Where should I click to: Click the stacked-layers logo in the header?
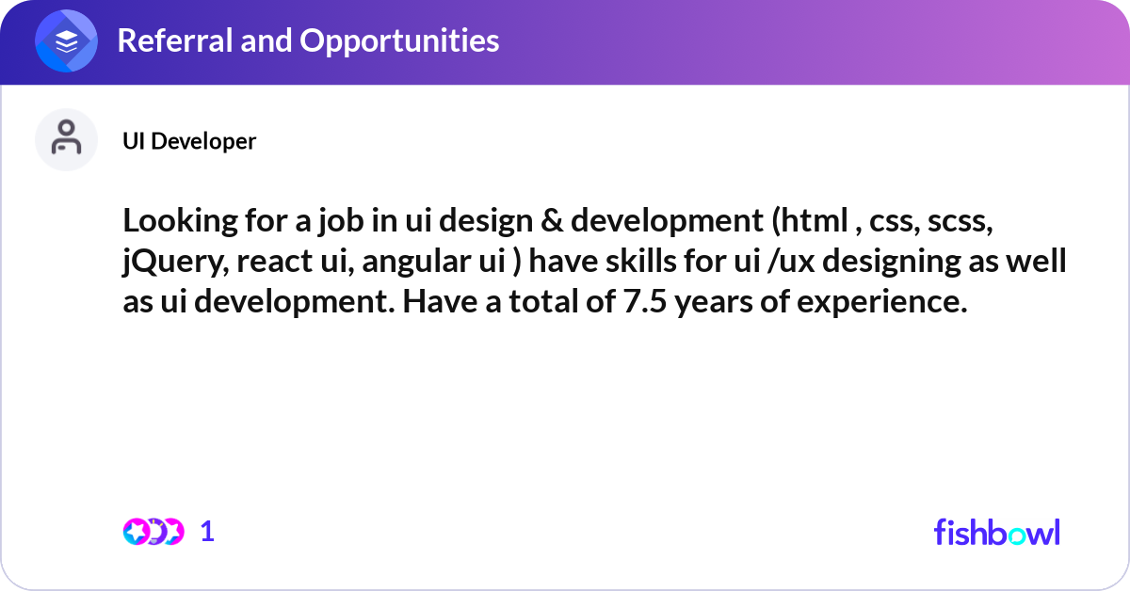coord(67,41)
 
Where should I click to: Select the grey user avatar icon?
coord(66,139)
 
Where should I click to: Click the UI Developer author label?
coord(189,141)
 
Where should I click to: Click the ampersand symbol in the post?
coord(549,222)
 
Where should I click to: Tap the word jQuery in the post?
coord(169,263)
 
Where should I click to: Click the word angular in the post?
coord(412,263)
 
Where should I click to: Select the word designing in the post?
coord(880,263)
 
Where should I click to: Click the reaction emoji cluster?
coord(153,531)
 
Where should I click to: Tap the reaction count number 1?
coord(208,532)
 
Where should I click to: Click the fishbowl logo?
coord(996,532)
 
